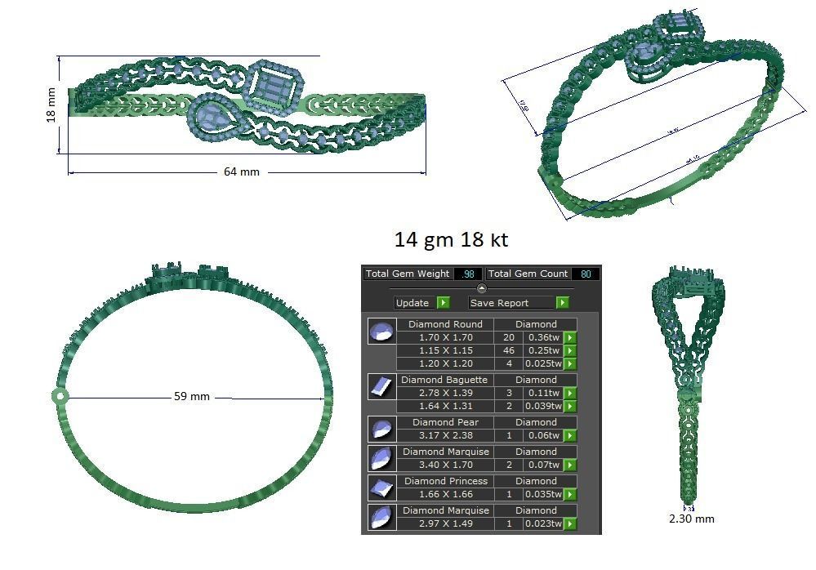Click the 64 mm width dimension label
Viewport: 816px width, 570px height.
241,172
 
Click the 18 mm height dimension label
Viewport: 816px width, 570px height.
51,105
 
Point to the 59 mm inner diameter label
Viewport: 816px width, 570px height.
192,397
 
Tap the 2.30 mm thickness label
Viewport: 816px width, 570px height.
691,519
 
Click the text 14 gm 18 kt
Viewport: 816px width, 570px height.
451,240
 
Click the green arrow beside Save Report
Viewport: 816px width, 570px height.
562,303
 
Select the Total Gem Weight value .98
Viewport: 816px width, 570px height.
467,274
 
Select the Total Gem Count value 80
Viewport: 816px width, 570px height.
586,274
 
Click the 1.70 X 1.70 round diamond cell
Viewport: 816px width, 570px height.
445,337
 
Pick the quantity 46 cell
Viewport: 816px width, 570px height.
509,350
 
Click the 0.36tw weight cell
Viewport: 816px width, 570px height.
542,337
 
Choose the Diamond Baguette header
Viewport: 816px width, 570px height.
445,380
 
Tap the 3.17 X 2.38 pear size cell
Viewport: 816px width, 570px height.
445,435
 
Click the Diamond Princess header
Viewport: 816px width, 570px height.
445,481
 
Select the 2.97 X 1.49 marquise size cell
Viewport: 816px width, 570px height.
445,523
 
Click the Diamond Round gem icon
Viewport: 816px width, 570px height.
381,332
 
